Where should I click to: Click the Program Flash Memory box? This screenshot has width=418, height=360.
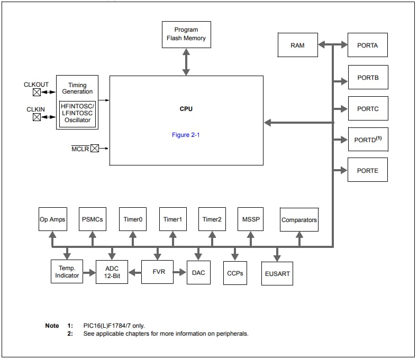[186, 34]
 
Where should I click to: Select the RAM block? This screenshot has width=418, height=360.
[297, 45]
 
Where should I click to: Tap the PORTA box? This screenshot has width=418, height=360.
[367, 45]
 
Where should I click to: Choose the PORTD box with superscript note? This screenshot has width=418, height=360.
[367, 140]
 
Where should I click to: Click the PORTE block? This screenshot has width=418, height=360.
[367, 171]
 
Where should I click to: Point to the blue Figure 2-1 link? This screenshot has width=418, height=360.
[186, 135]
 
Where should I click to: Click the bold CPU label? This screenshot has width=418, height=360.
[186, 109]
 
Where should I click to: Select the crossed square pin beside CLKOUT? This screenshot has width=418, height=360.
[37, 93]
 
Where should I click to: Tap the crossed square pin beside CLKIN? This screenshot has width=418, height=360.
[37, 117]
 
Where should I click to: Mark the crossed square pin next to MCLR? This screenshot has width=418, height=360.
[94, 149]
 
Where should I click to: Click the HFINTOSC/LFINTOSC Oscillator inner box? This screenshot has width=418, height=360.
[77, 113]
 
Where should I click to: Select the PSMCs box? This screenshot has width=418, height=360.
[93, 219]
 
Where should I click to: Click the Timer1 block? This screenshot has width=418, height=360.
[172, 219]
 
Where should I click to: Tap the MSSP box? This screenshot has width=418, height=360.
[251, 219]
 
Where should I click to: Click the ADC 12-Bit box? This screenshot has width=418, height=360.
[112, 272]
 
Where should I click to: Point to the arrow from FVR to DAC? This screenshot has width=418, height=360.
[180, 272]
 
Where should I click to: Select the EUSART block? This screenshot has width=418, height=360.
[277, 274]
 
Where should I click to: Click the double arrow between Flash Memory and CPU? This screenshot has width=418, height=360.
[186, 62]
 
